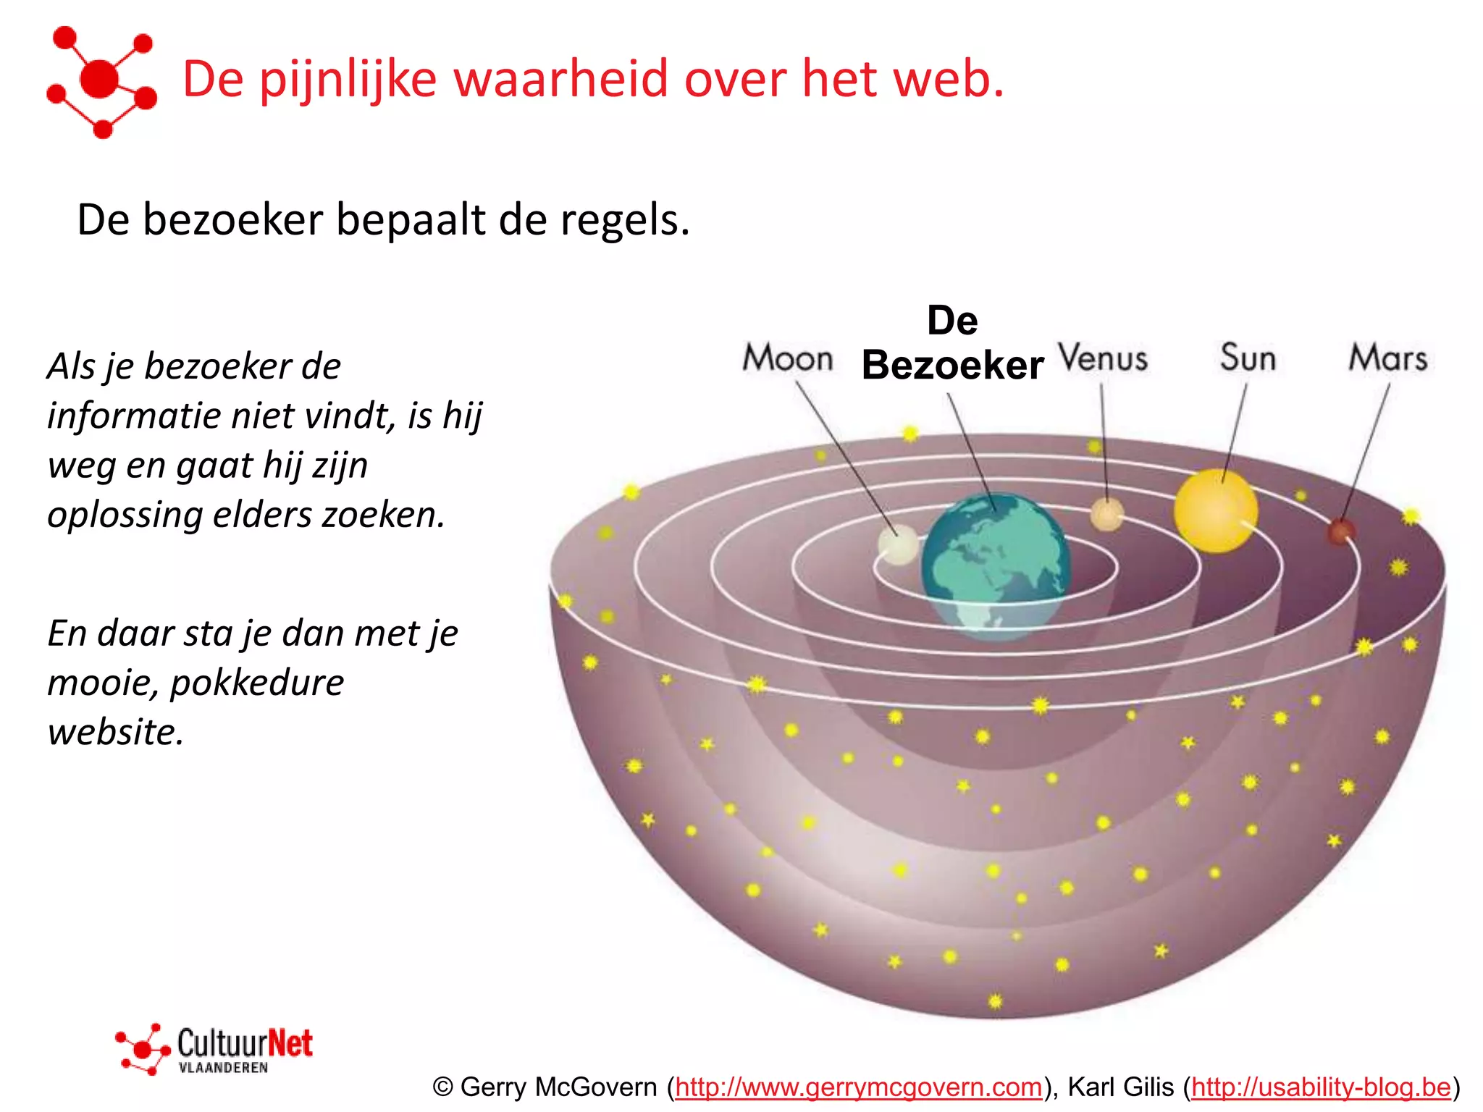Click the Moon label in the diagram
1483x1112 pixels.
788,358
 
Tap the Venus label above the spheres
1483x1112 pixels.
1103,358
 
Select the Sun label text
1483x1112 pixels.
1247,358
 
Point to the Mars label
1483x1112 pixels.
1387,358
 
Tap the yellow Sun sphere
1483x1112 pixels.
1215,511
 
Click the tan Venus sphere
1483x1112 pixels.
1107,515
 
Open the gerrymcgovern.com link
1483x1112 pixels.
858,1087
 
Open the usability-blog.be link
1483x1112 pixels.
1321,1087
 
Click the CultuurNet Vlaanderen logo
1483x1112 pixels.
215,1048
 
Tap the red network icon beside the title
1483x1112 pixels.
101,81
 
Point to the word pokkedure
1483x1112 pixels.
257,683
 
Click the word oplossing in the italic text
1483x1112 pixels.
124,515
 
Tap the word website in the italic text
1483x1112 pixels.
115,732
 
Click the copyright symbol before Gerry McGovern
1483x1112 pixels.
442,1087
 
